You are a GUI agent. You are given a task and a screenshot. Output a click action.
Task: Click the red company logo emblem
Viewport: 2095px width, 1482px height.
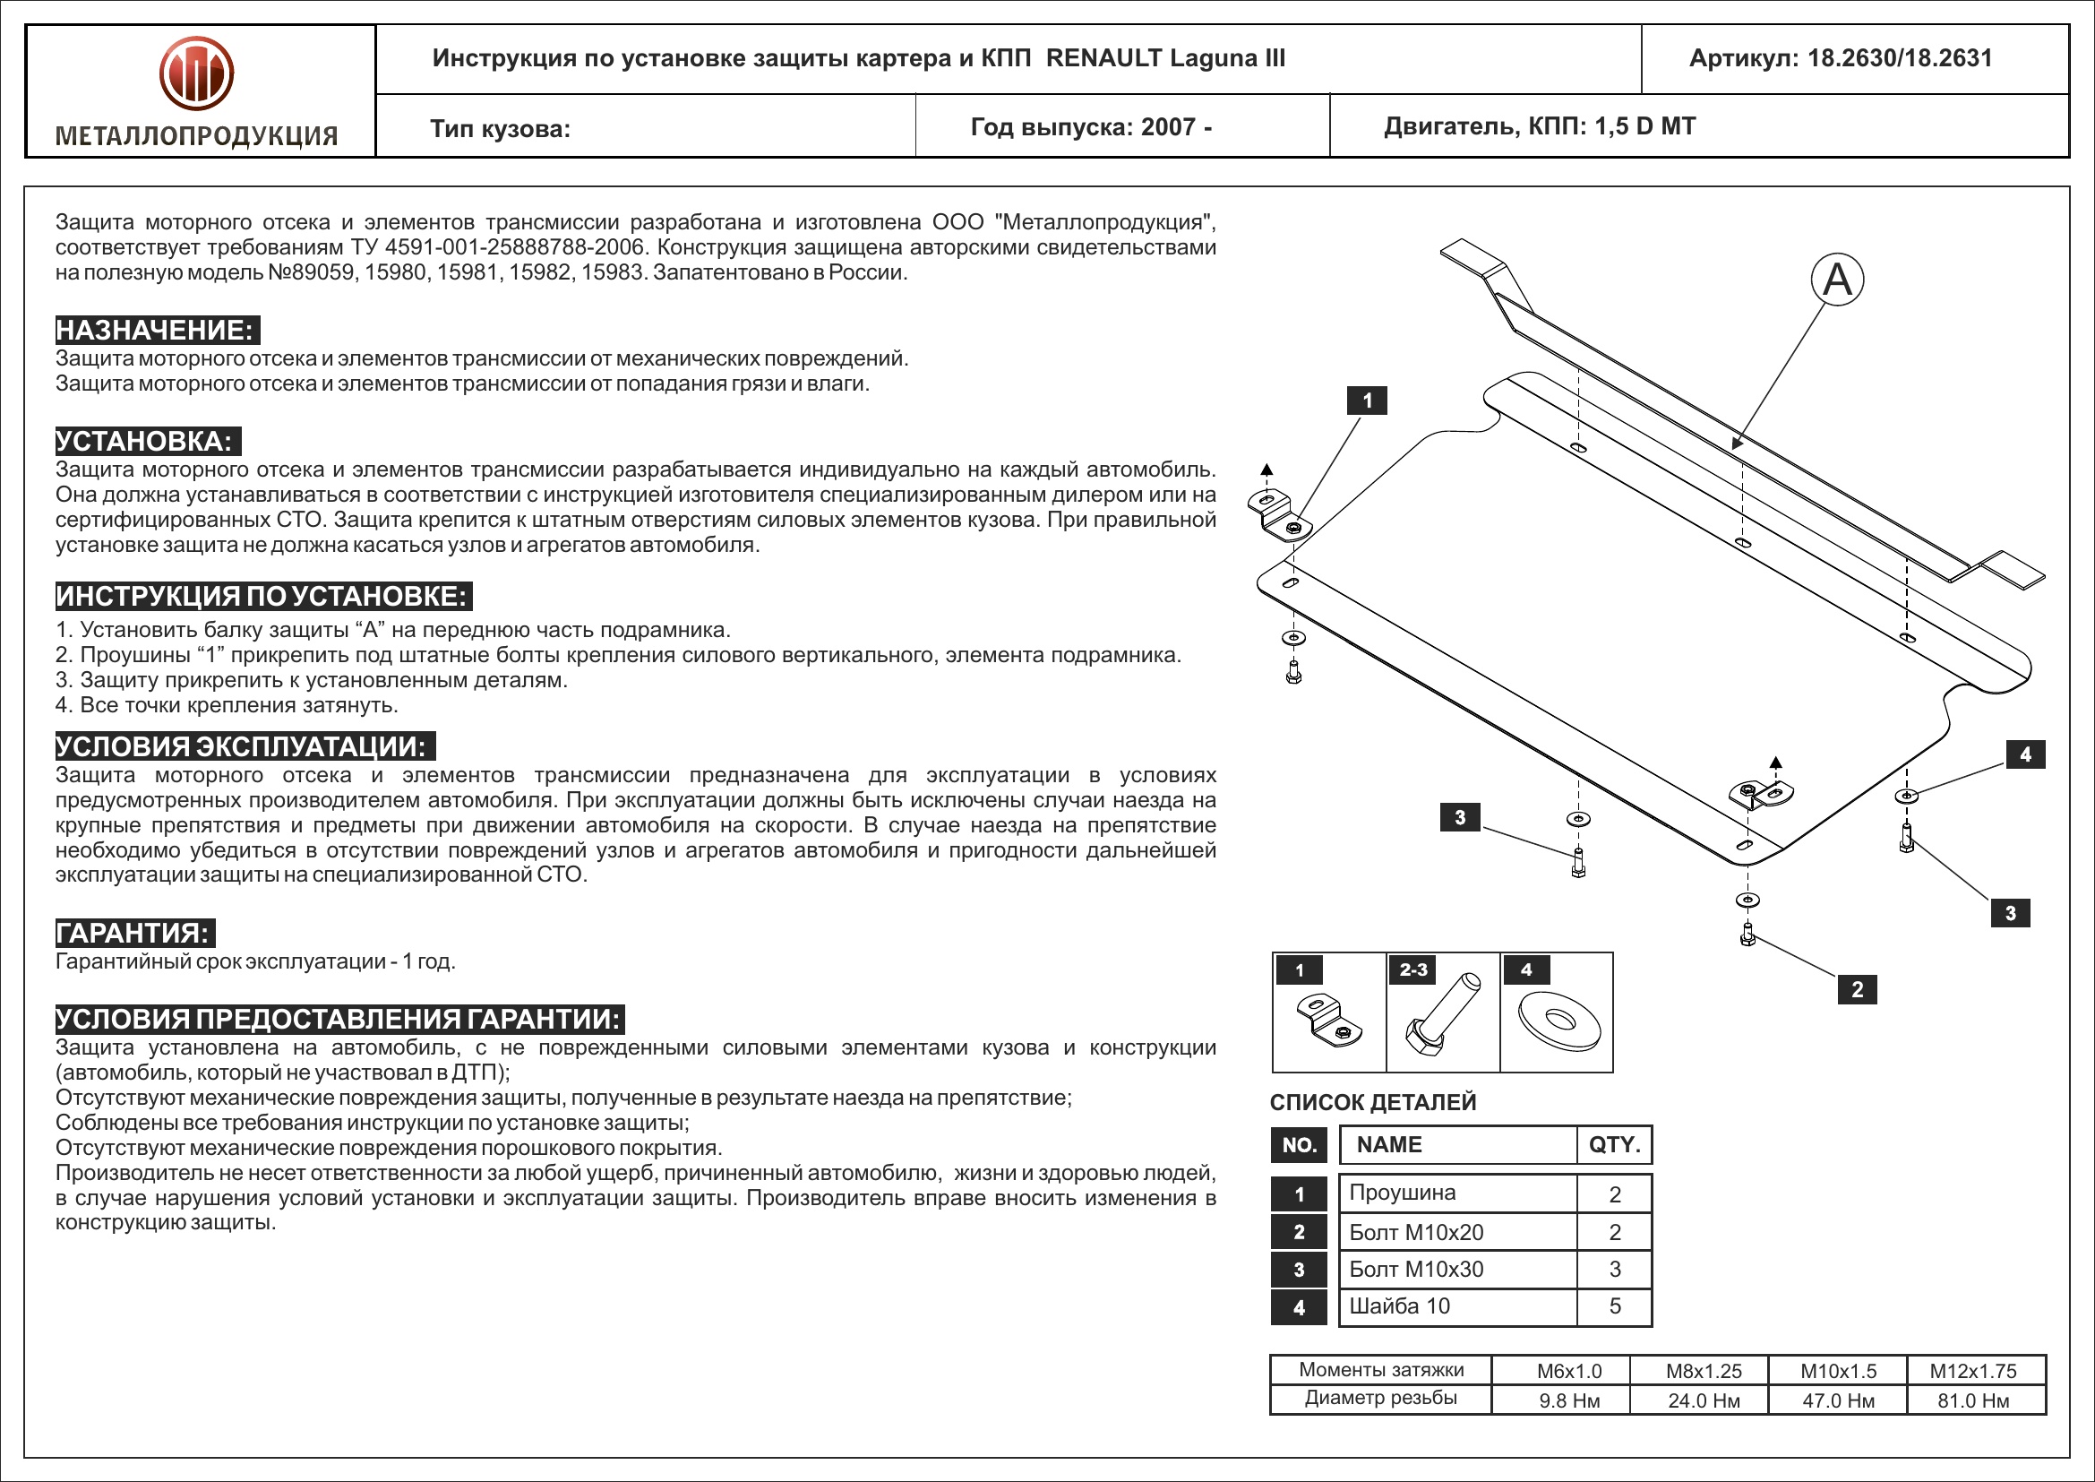point(196,73)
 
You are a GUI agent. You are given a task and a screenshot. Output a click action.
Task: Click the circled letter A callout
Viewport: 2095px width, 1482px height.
point(1837,280)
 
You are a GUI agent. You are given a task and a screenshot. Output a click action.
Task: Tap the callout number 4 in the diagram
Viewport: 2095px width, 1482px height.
point(2025,754)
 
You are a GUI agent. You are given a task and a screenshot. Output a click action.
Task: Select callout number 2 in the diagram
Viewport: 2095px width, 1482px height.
point(1857,989)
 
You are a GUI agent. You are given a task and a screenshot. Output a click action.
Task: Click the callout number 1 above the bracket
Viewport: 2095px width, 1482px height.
point(1367,401)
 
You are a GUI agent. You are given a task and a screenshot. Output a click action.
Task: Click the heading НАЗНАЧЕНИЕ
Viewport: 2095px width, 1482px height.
point(156,330)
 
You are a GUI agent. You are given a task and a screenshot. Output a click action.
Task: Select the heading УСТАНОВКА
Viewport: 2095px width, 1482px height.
point(146,441)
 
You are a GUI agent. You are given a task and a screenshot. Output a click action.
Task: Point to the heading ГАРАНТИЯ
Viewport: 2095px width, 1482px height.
point(134,933)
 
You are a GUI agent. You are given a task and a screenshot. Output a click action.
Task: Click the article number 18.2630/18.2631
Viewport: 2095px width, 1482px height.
point(1900,58)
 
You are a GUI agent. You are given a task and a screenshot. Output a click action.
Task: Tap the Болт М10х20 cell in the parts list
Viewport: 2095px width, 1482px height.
point(1416,1232)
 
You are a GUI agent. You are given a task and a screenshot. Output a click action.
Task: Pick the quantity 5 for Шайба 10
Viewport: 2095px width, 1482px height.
point(1614,1305)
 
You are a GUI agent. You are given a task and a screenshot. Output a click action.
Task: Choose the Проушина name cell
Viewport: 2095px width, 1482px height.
point(1403,1193)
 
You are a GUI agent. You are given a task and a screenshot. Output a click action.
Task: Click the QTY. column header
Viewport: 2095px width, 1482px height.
point(1614,1144)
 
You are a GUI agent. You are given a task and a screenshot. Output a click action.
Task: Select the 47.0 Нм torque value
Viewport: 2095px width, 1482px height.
point(1838,1400)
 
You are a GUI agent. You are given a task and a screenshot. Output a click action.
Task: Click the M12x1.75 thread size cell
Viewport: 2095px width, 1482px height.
point(1972,1371)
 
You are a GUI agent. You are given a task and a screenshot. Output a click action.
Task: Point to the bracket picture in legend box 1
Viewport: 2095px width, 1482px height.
point(1328,1022)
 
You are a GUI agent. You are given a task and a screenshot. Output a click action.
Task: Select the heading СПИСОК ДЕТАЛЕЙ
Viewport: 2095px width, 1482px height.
point(1372,1102)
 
